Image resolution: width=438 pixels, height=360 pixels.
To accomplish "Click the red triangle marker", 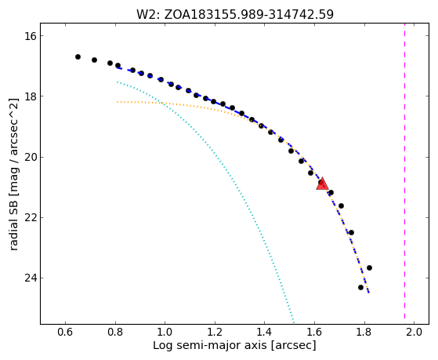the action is click(322, 184).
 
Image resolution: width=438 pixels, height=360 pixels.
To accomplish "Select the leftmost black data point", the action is click(78, 56).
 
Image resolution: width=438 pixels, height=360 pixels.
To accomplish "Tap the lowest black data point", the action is click(360, 287).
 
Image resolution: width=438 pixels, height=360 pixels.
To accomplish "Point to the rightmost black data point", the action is click(369, 267).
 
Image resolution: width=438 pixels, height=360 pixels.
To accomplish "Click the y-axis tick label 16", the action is click(30, 36).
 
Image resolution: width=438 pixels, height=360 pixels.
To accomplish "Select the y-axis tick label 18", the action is click(30, 96).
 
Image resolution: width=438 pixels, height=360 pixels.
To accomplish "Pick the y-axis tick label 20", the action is click(30, 157).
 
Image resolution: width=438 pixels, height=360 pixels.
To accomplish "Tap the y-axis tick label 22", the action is click(30, 217).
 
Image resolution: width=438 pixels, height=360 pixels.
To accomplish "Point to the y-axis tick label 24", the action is click(30, 278).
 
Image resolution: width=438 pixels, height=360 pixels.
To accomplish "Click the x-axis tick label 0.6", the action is click(65, 332).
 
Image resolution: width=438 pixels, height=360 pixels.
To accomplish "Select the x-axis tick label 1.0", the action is click(165, 332).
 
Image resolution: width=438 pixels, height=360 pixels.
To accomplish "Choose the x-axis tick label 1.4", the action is click(264, 332).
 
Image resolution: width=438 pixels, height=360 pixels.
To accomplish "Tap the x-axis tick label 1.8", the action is click(364, 332).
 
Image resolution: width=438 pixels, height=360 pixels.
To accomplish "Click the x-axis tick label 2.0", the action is click(414, 332).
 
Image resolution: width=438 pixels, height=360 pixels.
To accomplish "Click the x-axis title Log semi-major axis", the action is click(210, 346).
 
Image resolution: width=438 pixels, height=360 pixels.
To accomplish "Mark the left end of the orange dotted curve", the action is click(118, 102).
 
